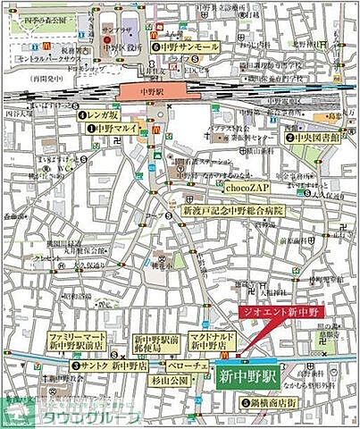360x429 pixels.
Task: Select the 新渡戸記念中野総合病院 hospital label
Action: click(x=233, y=211)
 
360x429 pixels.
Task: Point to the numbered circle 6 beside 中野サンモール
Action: click(x=155, y=46)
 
